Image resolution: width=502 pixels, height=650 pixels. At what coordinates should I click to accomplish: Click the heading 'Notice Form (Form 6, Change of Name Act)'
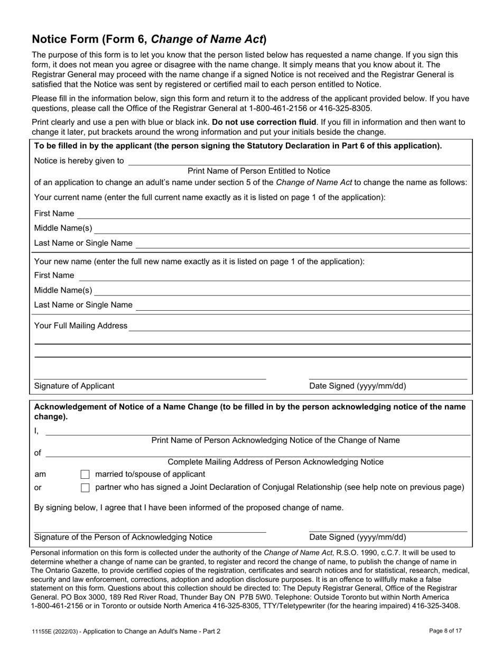150,39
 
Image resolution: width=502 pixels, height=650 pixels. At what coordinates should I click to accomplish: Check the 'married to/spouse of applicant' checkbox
85,475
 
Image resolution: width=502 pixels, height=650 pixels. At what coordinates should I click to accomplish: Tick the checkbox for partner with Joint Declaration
85,488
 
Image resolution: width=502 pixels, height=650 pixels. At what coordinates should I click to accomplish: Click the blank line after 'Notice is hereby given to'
299,162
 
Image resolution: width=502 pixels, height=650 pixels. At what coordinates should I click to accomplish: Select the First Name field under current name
274,214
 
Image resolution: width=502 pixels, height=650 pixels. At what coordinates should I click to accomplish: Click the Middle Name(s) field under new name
282,291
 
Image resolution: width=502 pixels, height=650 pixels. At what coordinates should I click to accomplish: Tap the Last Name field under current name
303,244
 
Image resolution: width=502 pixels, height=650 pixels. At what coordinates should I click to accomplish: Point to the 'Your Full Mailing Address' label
80,326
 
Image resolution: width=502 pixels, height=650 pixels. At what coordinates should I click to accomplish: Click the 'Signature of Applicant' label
74,386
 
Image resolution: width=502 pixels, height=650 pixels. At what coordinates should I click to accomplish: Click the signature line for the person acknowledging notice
150,529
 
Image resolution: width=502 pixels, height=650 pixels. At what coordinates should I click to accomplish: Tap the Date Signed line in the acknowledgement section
388,528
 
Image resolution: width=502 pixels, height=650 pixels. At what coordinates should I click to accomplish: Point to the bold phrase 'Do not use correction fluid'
264,122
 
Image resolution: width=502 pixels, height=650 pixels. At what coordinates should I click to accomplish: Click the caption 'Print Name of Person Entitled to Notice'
259,171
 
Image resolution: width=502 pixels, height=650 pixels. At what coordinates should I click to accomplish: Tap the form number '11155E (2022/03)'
54,631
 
